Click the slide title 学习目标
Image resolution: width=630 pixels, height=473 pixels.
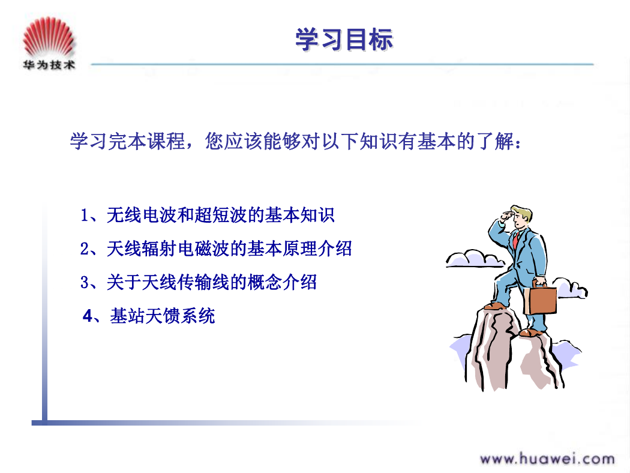point(344,40)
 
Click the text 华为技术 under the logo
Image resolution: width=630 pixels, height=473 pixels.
point(49,65)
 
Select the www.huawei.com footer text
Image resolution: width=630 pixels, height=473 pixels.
point(547,459)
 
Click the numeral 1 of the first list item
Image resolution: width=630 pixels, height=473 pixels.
point(85,215)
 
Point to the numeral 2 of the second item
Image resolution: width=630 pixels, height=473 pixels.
point(85,249)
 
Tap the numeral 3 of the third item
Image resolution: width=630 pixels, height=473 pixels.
point(85,283)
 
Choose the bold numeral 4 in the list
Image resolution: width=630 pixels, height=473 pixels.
point(88,316)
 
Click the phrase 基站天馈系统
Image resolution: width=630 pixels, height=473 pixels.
point(163,316)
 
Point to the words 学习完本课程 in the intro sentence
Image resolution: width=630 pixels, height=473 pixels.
point(128,142)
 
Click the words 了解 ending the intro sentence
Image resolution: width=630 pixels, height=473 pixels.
point(496,142)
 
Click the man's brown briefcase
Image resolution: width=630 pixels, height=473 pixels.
point(541,298)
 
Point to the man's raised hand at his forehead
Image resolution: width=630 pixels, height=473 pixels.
point(506,215)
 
